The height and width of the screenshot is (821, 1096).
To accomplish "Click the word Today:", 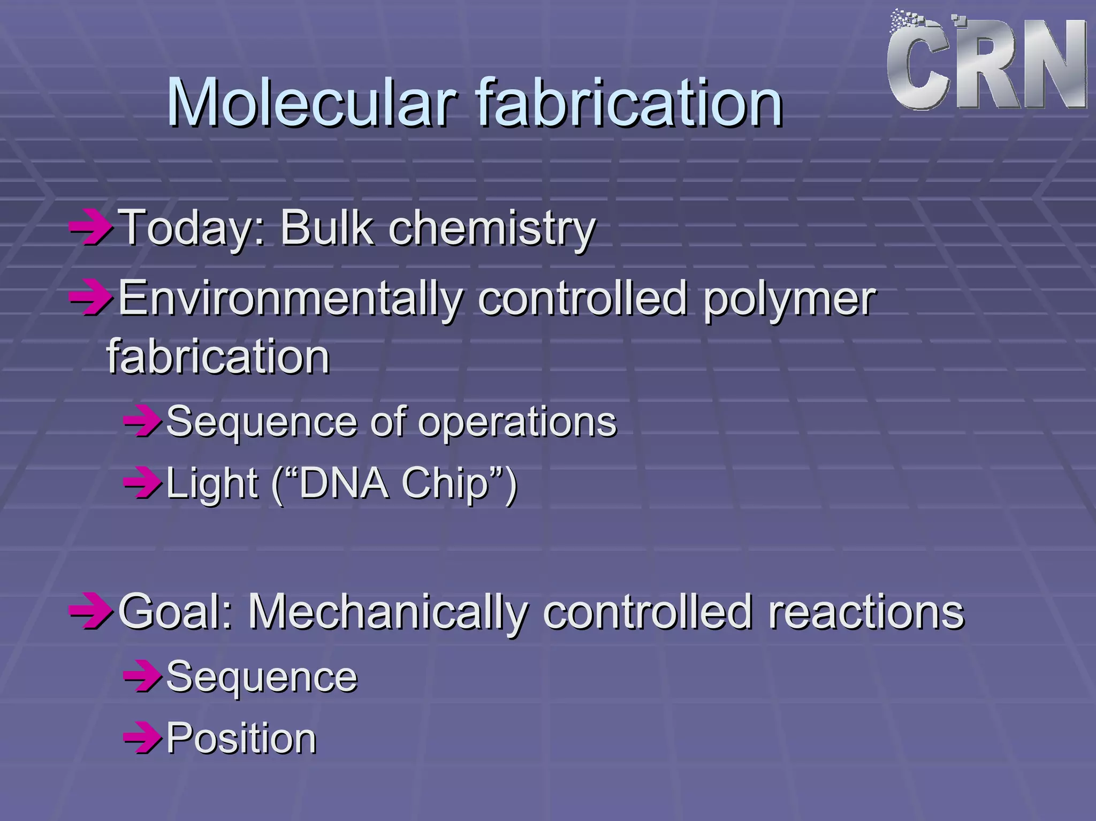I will point(192,229).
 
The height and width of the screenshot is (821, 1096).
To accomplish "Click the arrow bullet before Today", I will point(91,229).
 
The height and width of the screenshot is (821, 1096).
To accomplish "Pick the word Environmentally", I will point(290,299).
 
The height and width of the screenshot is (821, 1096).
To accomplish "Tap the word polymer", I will point(789,299).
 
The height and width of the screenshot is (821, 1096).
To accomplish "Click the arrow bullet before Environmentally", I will point(91,299).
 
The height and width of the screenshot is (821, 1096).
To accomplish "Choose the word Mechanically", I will point(387,612).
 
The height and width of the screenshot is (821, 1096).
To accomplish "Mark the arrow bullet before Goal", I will point(91,612).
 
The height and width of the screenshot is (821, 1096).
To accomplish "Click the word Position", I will point(241,739).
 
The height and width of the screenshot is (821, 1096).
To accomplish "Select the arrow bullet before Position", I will point(142,739).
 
